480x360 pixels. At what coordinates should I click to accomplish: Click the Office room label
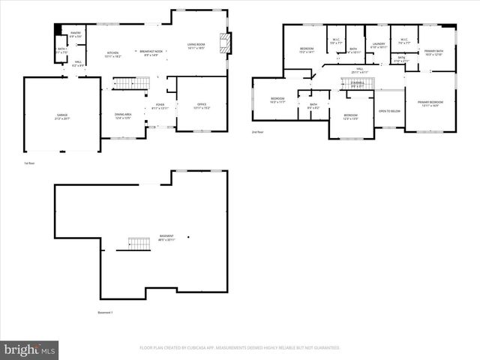click(202, 106)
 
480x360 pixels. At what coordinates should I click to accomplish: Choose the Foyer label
click(160, 106)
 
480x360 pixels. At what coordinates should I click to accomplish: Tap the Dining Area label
click(123, 115)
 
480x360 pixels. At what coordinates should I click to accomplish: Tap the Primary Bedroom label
click(430, 104)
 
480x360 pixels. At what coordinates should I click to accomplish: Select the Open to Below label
click(388, 110)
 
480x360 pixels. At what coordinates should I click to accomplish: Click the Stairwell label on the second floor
click(358, 84)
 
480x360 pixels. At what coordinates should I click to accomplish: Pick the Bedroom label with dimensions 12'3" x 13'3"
click(351, 117)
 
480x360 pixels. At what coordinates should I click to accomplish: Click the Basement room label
click(166, 238)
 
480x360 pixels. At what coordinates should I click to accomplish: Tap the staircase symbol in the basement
click(139, 244)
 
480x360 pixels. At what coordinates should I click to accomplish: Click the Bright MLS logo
click(30, 349)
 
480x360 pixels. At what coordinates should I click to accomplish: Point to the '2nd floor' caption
click(258, 132)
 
